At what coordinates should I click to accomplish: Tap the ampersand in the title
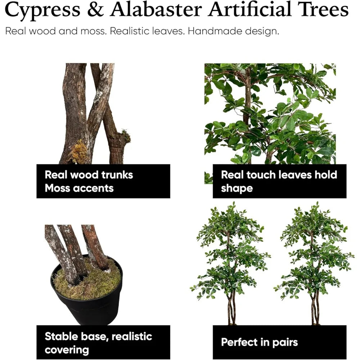(95, 9)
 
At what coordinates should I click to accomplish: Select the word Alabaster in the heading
(156, 9)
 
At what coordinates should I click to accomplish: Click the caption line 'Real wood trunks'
(89, 175)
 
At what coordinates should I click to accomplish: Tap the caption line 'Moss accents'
(79, 188)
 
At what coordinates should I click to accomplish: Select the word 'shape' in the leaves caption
(237, 189)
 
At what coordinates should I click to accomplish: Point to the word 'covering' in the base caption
(67, 350)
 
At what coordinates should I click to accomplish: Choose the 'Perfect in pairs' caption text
(260, 342)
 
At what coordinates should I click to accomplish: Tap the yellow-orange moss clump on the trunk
(79, 152)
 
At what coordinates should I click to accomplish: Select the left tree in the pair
(230, 263)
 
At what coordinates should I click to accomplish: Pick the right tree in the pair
(314, 263)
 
